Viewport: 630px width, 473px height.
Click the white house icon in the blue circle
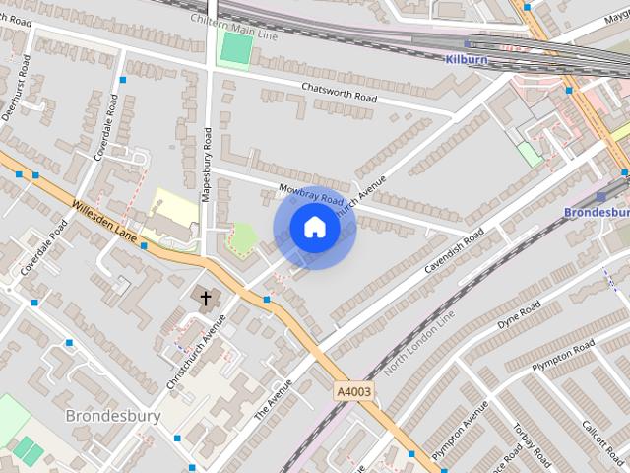tap(314, 228)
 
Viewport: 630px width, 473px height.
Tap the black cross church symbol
tap(207, 297)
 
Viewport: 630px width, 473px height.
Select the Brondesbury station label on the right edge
tap(597, 212)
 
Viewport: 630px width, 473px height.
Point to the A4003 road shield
tap(354, 392)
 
